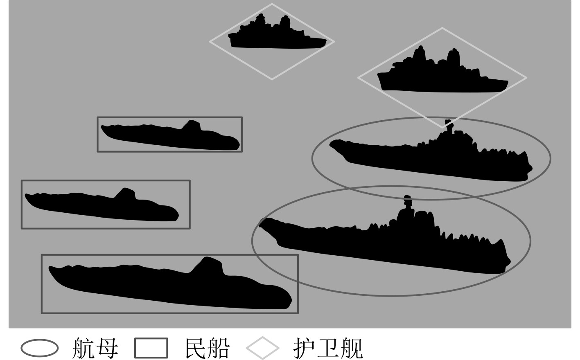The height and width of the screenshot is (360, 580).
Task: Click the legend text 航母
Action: tap(95, 348)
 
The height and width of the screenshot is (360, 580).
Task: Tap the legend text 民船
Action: tap(207, 348)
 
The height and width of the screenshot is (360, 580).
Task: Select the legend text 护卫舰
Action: tap(328, 348)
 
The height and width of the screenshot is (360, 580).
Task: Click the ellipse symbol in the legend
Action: tap(39, 348)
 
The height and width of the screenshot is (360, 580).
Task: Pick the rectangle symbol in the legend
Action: tap(151, 348)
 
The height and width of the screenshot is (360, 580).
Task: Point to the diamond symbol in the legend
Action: tap(263, 348)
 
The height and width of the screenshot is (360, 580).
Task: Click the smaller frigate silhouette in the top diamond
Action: tap(274, 39)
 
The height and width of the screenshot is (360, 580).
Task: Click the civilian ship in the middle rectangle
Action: tap(102, 207)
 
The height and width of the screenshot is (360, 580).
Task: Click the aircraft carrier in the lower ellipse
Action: tap(389, 245)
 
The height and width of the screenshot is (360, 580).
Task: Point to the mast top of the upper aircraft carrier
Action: tap(448, 122)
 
